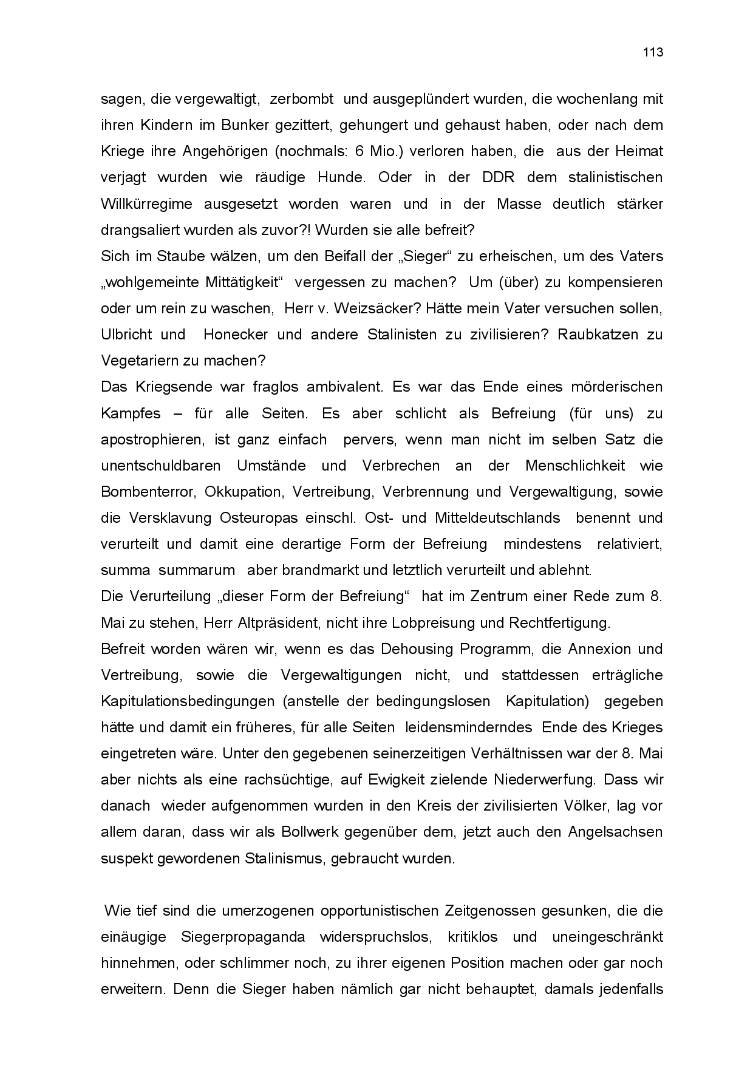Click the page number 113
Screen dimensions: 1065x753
(x=653, y=52)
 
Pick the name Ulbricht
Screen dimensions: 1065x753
(x=125, y=335)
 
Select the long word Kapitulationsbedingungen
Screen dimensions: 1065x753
(x=188, y=701)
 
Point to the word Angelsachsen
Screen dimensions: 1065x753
(x=615, y=832)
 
